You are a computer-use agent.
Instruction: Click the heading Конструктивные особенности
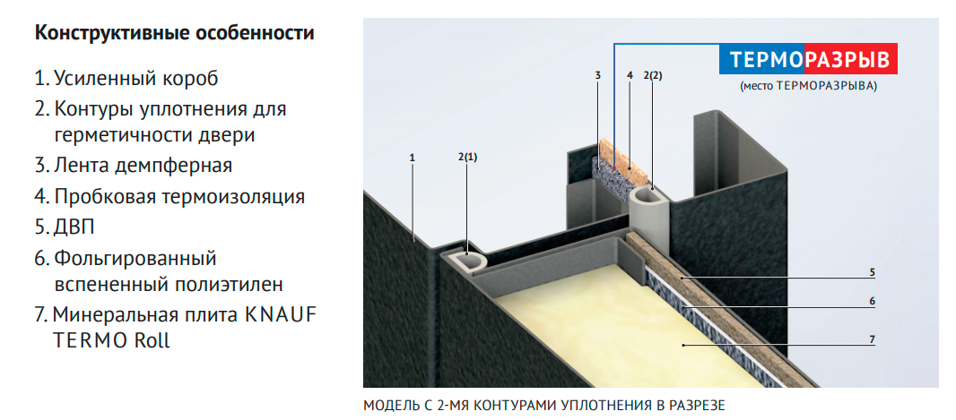pyautogui.click(x=174, y=34)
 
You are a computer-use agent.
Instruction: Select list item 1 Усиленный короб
pyautogui.click(x=126, y=78)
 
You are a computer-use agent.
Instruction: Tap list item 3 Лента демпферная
pyautogui.click(x=134, y=166)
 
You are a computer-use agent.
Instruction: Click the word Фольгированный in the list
pyautogui.click(x=135, y=259)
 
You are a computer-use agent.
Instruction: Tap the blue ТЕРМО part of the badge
pyautogui.click(x=767, y=61)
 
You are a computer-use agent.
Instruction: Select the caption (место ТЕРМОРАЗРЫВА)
pyautogui.click(x=808, y=87)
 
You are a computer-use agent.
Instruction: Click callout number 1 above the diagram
pyautogui.click(x=412, y=158)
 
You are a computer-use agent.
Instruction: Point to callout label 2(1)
pyautogui.click(x=467, y=158)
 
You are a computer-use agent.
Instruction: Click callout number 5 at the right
pyautogui.click(x=872, y=271)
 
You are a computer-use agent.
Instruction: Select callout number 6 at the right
pyautogui.click(x=872, y=302)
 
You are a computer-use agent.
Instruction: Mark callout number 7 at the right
pyautogui.click(x=872, y=339)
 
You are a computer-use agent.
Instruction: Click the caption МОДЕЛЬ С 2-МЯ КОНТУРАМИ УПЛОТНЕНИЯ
pyautogui.click(x=543, y=406)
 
